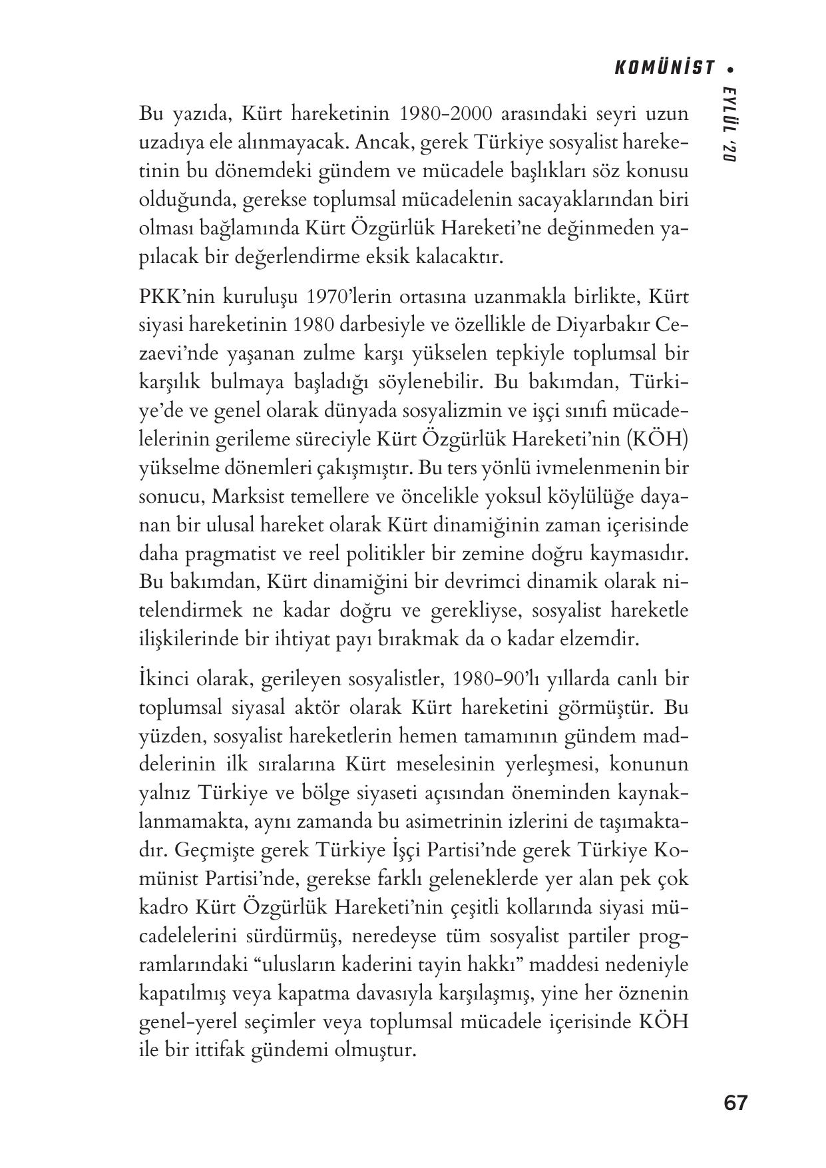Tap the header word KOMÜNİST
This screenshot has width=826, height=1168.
tap(663, 69)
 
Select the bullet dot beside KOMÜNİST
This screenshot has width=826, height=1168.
tap(730, 69)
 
